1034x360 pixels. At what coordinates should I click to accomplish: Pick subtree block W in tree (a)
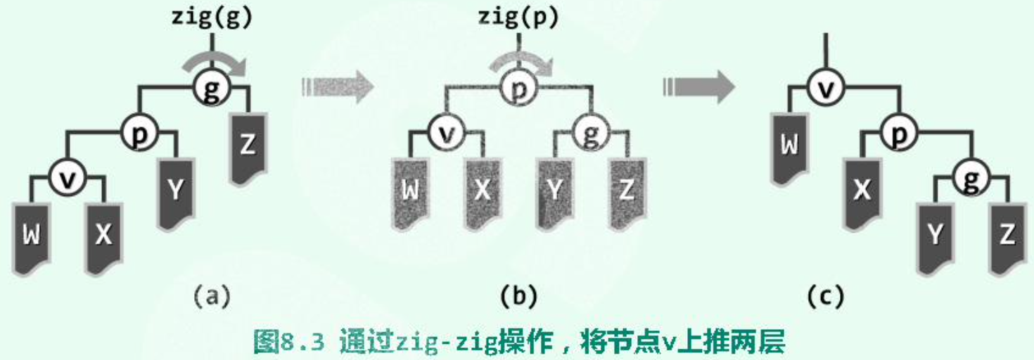point(31,236)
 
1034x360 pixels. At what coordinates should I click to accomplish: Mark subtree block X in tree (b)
point(483,192)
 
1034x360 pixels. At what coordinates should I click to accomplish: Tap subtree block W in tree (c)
point(790,147)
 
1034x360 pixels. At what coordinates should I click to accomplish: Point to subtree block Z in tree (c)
point(1007,236)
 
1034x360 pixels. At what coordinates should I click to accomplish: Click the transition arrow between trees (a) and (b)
point(338,88)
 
